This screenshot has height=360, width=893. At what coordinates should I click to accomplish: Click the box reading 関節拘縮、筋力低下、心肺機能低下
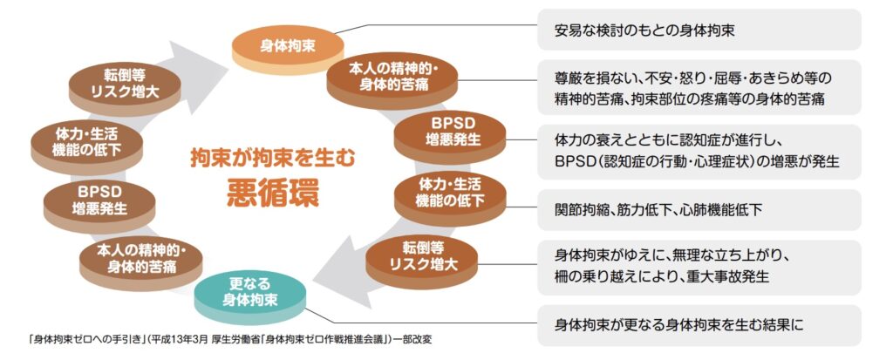point(698,210)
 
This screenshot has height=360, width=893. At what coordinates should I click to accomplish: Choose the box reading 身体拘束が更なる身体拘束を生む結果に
point(698,326)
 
